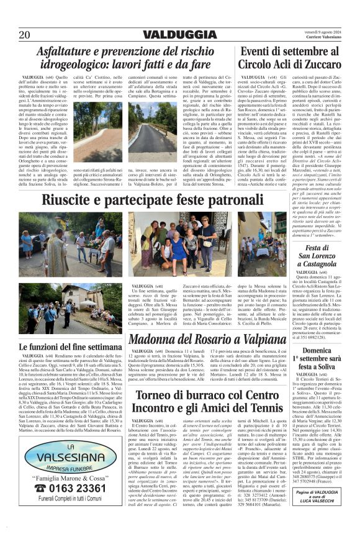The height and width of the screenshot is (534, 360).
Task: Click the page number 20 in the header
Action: click(25, 34)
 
